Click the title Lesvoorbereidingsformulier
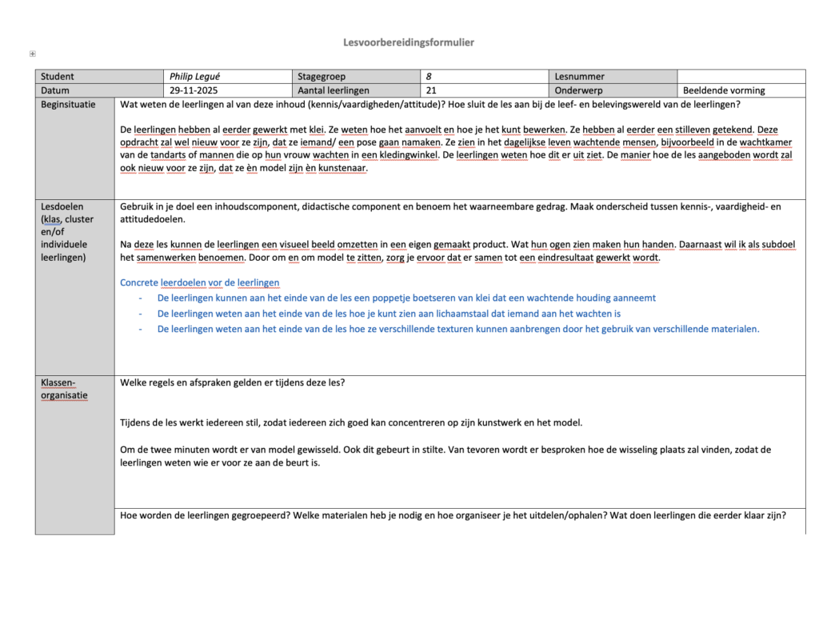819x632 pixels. (x=409, y=42)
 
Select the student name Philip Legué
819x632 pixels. (x=194, y=77)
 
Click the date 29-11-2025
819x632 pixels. (x=194, y=91)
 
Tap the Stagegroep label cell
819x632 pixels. (x=321, y=77)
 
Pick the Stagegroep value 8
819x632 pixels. (x=429, y=77)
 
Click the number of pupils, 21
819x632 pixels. (x=431, y=91)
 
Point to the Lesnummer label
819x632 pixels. (x=579, y=77)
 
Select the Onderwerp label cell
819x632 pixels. (x=577, y=91)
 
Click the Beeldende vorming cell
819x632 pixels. (x=724, y=91)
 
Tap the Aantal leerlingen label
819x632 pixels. (x=334, y=91)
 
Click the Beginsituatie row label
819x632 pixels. (x=68, y=105)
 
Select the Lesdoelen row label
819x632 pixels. (x=62, y=206)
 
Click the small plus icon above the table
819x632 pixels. (x=32, y=54)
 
